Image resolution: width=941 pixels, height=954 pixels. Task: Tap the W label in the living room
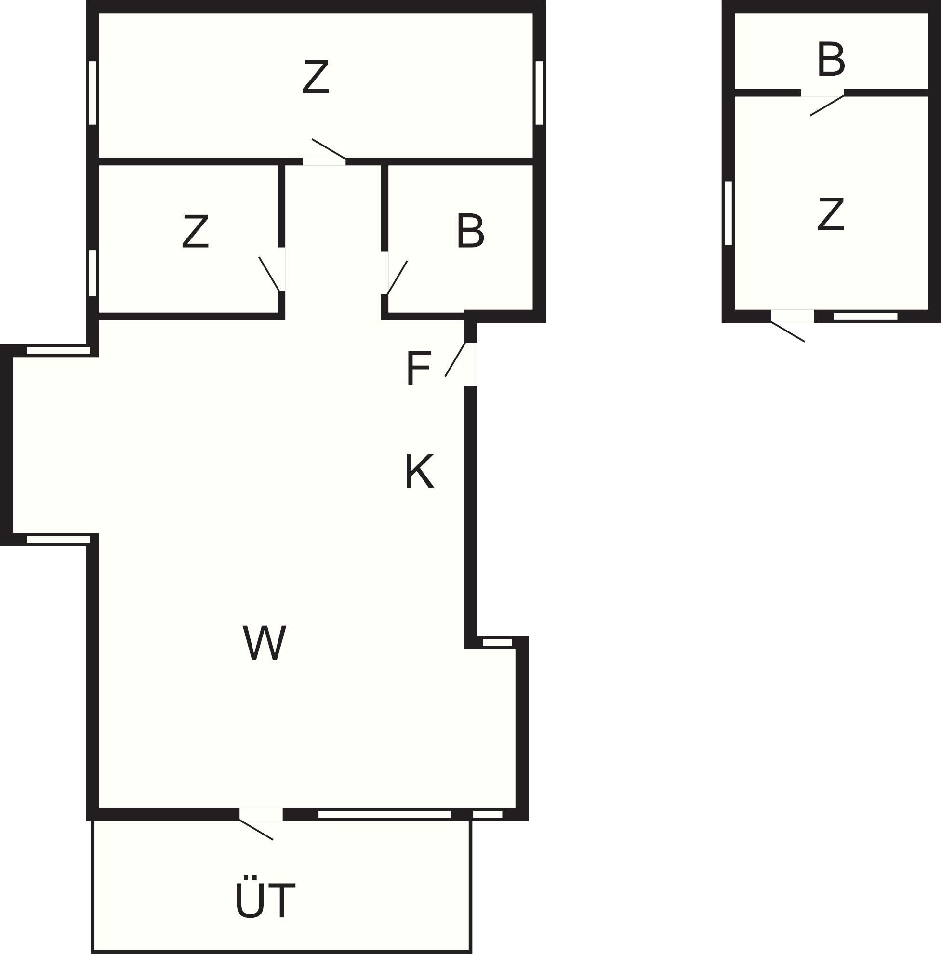coord(265,643)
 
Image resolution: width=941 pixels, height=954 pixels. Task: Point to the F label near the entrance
coord(418,368)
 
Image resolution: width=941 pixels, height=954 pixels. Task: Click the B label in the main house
coord(470,231)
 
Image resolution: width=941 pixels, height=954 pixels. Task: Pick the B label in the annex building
coord(832,60)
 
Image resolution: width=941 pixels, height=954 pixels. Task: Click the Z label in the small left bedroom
coord(195,231)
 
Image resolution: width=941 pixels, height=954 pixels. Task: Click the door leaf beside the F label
coord(455,359)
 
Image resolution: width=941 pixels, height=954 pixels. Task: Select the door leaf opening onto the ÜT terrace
coord(256,830)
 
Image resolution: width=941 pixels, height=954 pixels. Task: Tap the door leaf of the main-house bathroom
coord(397,278)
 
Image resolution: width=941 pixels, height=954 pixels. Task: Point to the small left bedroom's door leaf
coord(269,274)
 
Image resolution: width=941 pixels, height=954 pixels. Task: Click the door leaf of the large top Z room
coord(329,149)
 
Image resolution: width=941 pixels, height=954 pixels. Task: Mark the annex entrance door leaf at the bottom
coord(788,331)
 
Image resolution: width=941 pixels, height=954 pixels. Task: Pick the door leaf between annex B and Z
coord(827,105)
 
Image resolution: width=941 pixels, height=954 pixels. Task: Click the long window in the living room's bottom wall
coord(384,814)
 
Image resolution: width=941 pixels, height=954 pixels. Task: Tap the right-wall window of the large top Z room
coord(539,93)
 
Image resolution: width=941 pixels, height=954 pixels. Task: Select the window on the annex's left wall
coord(728,213)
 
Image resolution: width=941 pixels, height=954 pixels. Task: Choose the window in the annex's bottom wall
coord(865,316)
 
